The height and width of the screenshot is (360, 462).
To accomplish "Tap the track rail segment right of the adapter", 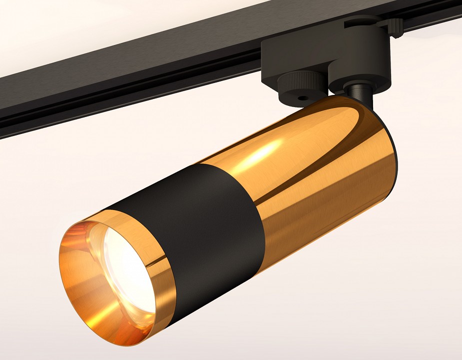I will click(435, 20).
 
